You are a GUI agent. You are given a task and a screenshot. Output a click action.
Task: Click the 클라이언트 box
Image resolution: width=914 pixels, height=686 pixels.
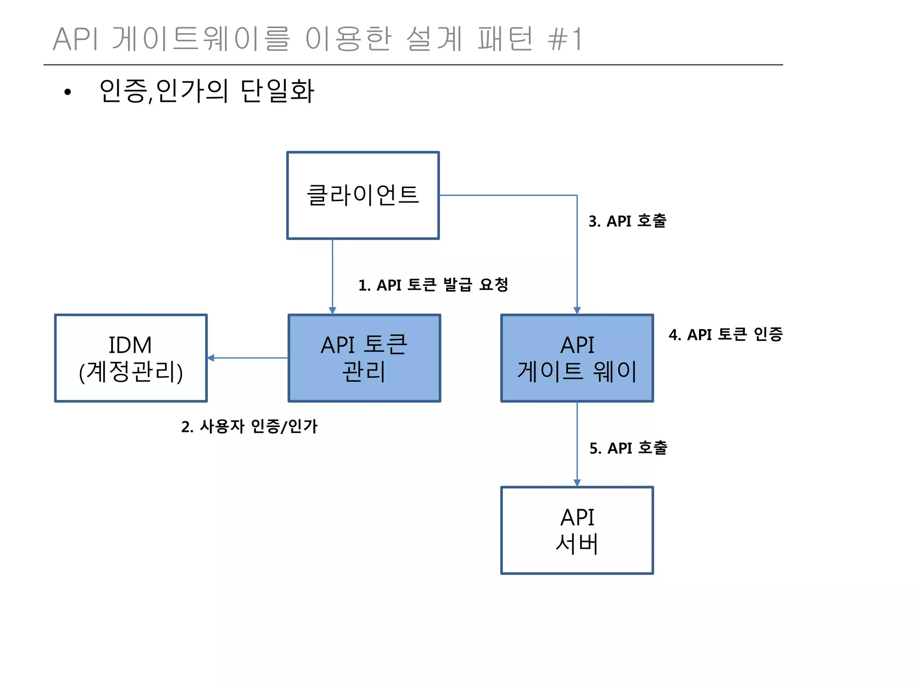tap(363, 195)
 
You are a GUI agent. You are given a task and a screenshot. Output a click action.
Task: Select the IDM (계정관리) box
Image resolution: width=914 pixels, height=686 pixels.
tap(131, 358)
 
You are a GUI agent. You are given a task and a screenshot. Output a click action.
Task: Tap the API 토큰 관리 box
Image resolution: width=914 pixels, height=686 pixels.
tap(364, 358)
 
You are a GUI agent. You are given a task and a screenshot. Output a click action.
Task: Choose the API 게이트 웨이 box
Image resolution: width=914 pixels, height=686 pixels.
tap(577, 358)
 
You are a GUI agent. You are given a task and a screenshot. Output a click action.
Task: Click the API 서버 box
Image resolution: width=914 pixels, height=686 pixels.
tap(577, 530)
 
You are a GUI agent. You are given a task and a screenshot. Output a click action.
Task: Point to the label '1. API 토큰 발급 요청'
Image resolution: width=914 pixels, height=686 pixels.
tap(433, 285)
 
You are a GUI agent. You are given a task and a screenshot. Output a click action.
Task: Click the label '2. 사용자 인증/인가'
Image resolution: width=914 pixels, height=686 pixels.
tap(249, 427)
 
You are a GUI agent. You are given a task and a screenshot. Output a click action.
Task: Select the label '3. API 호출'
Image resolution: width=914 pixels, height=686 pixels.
tap(627, 221)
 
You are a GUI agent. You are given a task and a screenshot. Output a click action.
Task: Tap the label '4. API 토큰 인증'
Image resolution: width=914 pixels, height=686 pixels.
tap(725, 335)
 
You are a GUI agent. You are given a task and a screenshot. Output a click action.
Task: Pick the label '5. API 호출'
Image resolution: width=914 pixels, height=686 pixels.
tap(628, 448)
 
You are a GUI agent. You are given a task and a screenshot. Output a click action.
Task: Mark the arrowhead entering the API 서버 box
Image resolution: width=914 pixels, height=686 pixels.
tap(577, 483)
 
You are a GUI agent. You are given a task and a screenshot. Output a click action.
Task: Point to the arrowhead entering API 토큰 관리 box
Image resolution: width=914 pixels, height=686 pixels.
tap(332, 310)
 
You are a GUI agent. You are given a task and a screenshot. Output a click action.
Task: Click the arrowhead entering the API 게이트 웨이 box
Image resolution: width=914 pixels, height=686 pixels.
tap(577, 310)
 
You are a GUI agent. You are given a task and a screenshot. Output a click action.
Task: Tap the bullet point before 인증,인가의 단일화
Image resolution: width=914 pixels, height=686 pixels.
tap(67, 92)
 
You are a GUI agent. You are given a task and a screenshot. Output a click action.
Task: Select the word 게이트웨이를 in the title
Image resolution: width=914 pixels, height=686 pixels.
tap(201, 39)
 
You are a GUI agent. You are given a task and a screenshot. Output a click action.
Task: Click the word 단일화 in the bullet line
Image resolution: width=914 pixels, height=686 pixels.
tap(277, 91)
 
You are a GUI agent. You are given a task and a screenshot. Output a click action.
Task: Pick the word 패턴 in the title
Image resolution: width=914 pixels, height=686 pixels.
tap(505, 39)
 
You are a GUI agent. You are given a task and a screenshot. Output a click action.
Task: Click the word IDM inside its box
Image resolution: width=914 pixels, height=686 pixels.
tap(130, 345)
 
